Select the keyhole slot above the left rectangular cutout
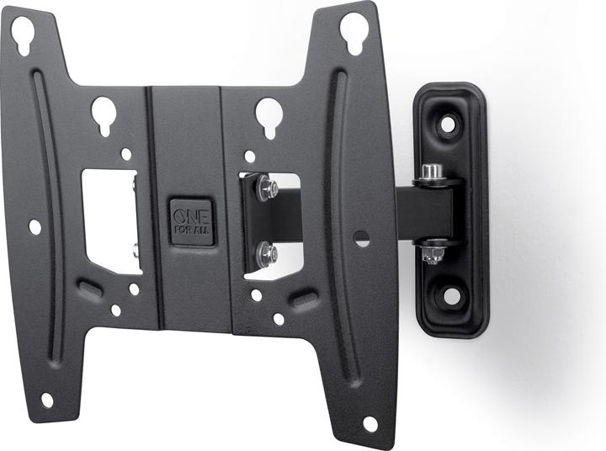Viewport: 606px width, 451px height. click(104, 114)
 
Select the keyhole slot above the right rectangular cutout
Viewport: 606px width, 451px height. click(268, 115)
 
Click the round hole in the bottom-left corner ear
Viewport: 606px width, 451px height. click(47, 400)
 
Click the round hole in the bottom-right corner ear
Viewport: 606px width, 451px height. click(369, 423)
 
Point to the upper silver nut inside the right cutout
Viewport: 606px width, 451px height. click(268, 188)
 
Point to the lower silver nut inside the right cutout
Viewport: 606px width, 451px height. click(268, 250)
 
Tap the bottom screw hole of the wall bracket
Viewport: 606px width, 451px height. click(451, 295)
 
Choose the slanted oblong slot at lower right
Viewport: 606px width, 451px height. click(304, 298)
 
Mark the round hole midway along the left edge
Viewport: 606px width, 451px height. click(35, 226)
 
